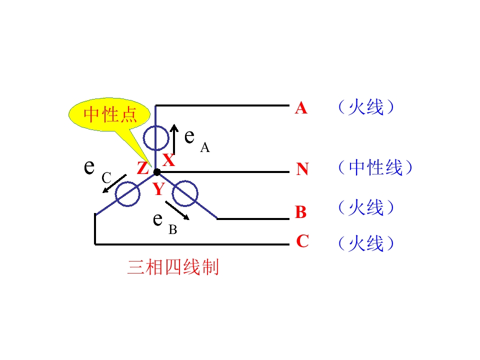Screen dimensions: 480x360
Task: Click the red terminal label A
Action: point(301,108)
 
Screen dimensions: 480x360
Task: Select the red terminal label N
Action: point(302,169)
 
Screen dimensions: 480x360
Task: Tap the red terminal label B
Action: point(301,212)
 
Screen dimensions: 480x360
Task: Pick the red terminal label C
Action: point(302,241)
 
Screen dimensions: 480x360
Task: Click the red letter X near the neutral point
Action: point(168,160)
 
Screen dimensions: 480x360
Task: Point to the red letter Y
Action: point(159,189)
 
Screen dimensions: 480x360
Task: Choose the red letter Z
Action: point(142,168)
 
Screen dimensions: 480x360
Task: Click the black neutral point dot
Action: point(156,172)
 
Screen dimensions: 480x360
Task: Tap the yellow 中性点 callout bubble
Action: point(109,115)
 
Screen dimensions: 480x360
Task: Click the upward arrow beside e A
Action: point(174,139)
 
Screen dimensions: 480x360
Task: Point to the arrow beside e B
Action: point(177,210)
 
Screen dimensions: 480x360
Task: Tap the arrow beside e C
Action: point(114,183)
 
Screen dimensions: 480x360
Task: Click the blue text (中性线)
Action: point(375,168)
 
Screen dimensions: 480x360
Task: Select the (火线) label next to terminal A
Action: point(366,107)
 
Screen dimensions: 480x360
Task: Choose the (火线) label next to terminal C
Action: point(366,243)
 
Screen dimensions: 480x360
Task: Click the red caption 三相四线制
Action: point(173,267)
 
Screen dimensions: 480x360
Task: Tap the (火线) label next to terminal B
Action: point(366,207)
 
